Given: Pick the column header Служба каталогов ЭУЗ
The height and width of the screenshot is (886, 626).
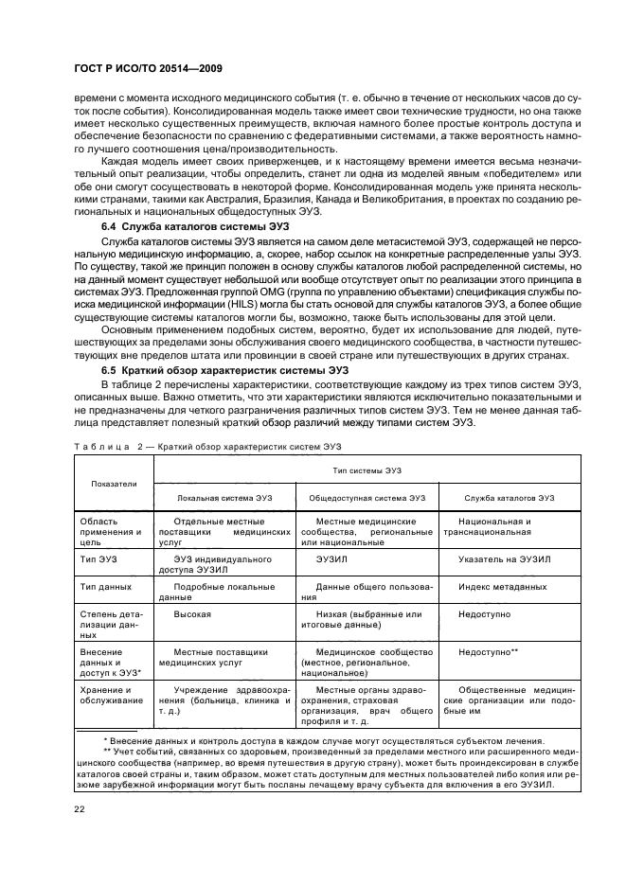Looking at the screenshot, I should pos(509,498).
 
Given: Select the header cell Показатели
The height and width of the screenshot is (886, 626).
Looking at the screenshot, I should pos(114,484).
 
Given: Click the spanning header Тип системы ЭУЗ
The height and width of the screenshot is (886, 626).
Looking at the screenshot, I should pos(366,470).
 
